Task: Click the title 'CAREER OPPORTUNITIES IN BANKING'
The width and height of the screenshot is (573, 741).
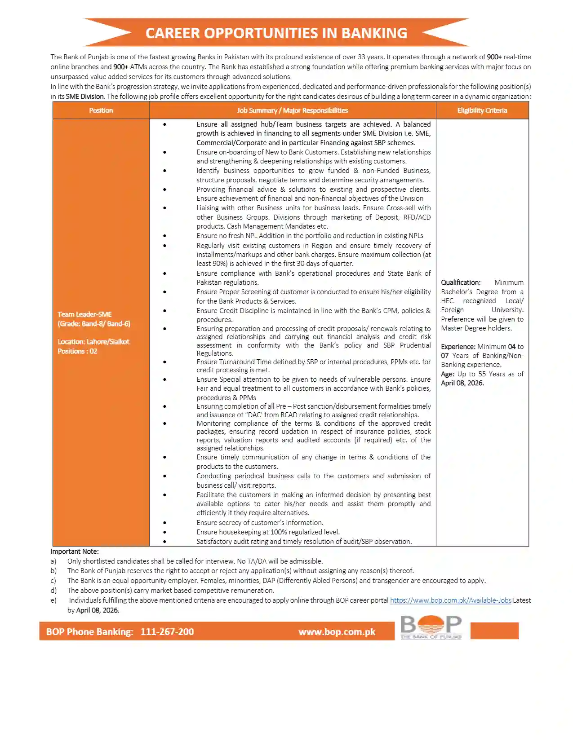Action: [x=276, y=33]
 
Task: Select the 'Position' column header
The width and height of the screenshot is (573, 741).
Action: [x=101, y=110]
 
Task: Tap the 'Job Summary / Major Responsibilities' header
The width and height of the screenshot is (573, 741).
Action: [x=293, y=110]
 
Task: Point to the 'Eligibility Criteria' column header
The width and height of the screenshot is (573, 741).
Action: [x=482, y=110]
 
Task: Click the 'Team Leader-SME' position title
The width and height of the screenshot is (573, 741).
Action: [x=84, y=314]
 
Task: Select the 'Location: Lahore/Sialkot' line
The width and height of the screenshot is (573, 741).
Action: [x=93, y=342]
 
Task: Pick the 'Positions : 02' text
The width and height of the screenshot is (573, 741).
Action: [x=77, y=351]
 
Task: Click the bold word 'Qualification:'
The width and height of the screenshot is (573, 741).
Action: [x=461, y=282]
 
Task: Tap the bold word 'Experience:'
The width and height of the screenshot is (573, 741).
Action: [x=458, y=347]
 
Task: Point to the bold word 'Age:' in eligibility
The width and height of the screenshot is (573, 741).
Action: [x=447, y=374]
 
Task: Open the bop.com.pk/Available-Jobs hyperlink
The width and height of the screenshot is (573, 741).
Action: [x=450, y=600]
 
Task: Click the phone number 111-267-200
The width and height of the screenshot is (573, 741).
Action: [x=167, y=632]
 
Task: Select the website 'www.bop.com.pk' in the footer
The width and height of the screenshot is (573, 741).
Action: [x=337, y=632]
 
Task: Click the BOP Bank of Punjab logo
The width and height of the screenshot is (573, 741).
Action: [x=431, y=627]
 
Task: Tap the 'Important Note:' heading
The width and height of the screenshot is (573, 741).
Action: [x=75, y=551]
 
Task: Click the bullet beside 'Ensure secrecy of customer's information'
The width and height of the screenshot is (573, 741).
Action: [x=165, y=523]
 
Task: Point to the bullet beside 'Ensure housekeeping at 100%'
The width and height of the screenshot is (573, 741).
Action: [x=165, y=532]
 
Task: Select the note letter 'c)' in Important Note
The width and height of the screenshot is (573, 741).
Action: [x=53, y=581]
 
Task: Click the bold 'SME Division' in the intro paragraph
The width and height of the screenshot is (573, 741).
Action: [x=85, y=97]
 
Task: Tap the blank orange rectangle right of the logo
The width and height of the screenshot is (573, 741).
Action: [x=494, y=631]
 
